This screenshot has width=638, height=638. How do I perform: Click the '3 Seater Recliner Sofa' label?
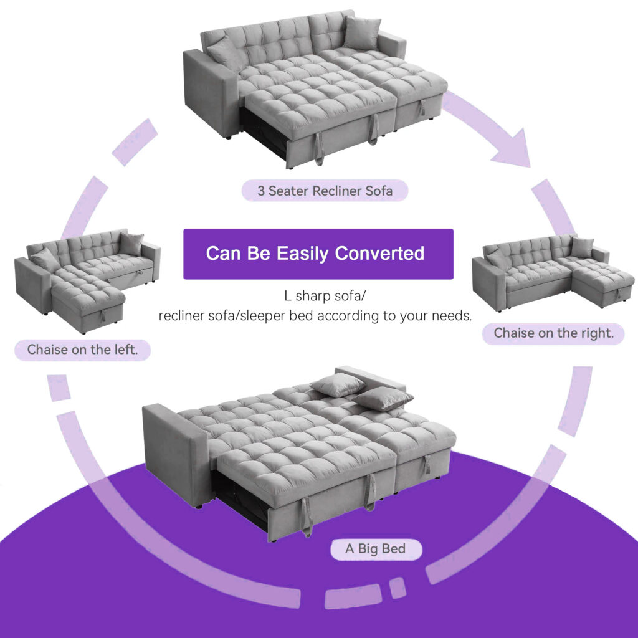(x=325, y=191)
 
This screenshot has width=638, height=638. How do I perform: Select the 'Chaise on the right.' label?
(x=554, y=333)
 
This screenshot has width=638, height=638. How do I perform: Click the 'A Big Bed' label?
(x=375, y=549)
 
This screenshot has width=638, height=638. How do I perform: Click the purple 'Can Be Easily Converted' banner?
(x=318, y=254)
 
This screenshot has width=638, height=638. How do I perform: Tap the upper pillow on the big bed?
(x=338, y=385)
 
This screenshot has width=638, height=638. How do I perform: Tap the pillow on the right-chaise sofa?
(x=581, y=247)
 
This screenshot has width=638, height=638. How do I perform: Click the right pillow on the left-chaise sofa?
(x=131, y=244)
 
